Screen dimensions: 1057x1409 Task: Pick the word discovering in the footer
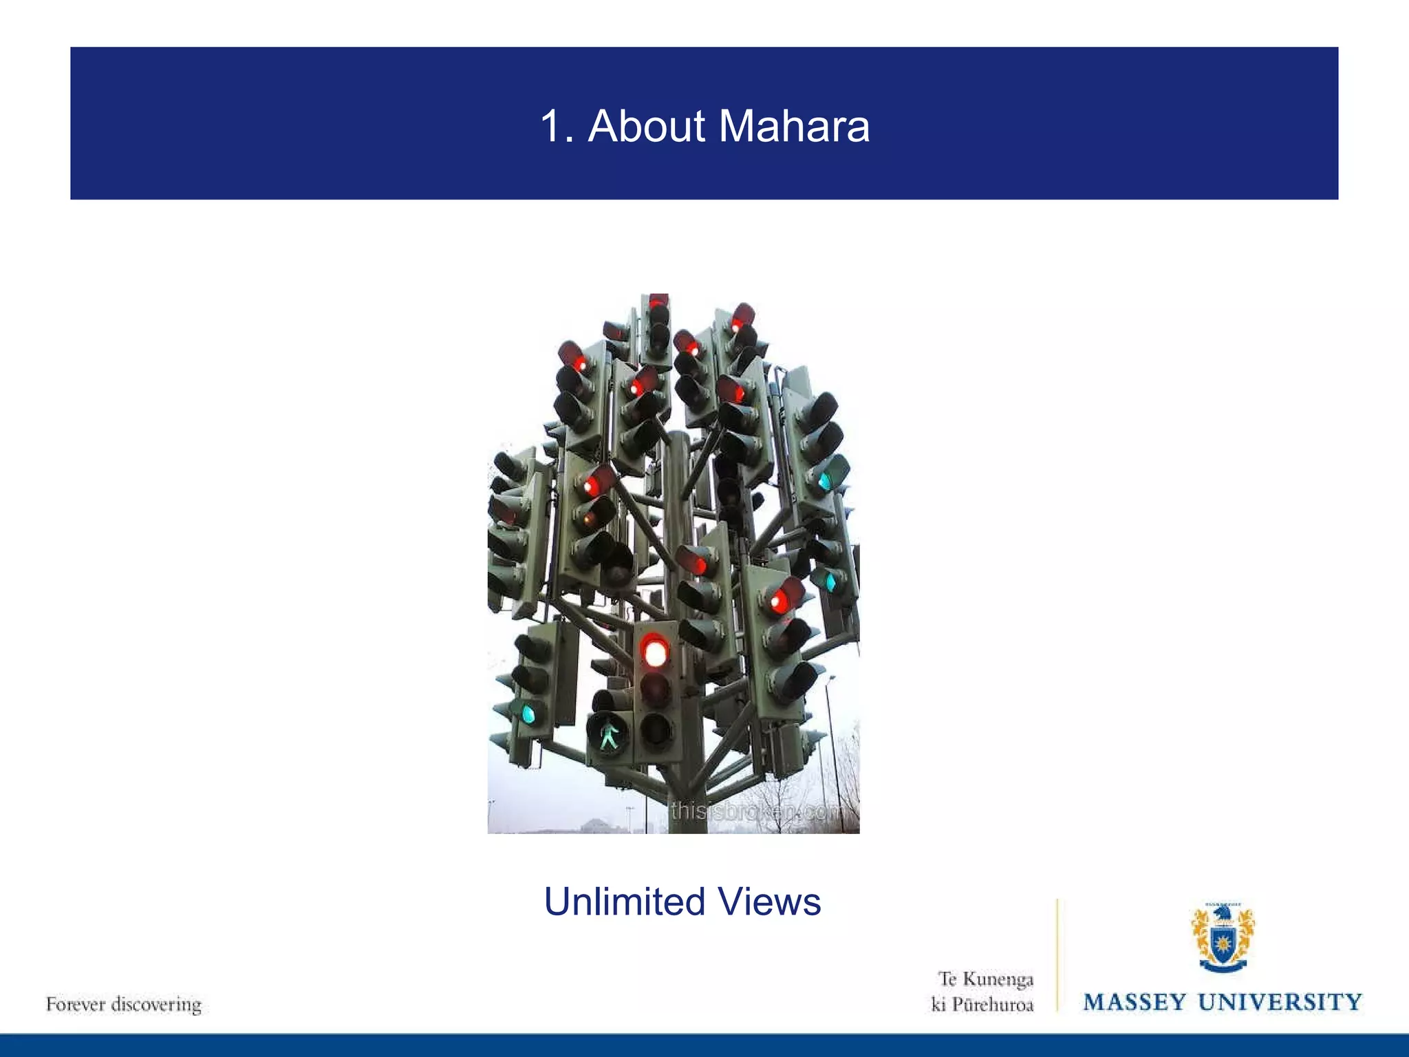click(157, 1005)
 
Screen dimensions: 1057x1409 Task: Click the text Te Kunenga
click(986, 979)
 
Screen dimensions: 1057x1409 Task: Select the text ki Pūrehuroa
click(982, 1005)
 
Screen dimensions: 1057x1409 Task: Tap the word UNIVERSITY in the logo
click(1280, 1002)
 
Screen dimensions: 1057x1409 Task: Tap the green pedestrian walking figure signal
click(609, 734)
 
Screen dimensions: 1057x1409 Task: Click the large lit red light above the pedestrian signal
click(656, 651)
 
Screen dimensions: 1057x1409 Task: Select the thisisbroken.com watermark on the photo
click(757, 812)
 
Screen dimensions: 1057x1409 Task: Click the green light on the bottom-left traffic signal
click(528, 713)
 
